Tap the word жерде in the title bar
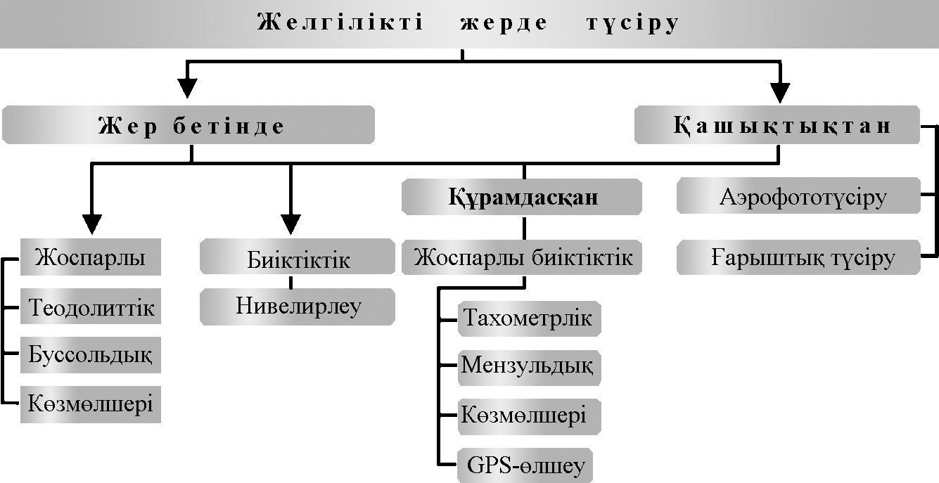[504, 23]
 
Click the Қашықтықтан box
[777, 125]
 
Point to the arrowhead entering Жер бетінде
[186, 89]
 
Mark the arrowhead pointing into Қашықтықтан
[780, 91]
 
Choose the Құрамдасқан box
[523, 197]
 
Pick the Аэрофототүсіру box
[799, 197]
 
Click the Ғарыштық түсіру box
[799, 258]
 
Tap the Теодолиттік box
[91, 307]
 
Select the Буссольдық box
[91, 354]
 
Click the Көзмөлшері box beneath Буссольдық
[91, 404]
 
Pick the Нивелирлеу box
[298, 306]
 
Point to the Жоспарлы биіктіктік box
[523, 257]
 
